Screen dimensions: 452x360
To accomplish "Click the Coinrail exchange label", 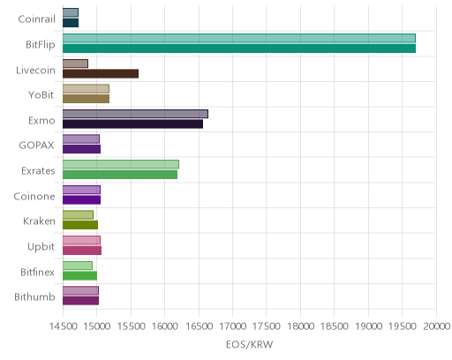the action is click(x=36, y=19).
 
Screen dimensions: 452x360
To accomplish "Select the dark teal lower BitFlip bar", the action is click(x=239, y=49).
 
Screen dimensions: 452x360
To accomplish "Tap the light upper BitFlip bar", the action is click(x=239, y=38).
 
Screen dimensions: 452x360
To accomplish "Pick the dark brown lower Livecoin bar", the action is click(x=101, y=73).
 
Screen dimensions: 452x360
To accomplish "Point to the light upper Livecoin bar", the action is click(x=75, y=64).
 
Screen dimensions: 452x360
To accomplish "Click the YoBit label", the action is click(x=41, y=95).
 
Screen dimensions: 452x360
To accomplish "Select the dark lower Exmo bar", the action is click(x=132, y=124).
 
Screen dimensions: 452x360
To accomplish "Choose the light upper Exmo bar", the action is click(x=135, y=114).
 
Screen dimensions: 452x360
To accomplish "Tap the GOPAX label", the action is click(x=37, y=146).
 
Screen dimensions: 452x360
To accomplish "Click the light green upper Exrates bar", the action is click(x=121, y=164).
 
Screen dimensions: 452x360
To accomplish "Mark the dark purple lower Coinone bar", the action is click(x=81, y=200).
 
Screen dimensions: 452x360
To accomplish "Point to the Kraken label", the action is click(x=39, y=221).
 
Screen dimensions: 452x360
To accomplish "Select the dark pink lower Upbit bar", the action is click(x=82, y=251).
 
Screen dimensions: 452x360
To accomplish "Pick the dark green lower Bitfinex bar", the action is click(x=79, y=276).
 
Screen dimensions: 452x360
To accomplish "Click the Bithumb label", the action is click(x=34, y=297).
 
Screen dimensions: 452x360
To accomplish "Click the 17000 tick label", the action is click(x=232, y=326).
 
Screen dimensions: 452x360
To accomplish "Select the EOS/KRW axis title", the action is click(x=250, y=344).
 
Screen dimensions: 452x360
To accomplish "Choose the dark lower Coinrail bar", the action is click(x=71, y=23).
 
